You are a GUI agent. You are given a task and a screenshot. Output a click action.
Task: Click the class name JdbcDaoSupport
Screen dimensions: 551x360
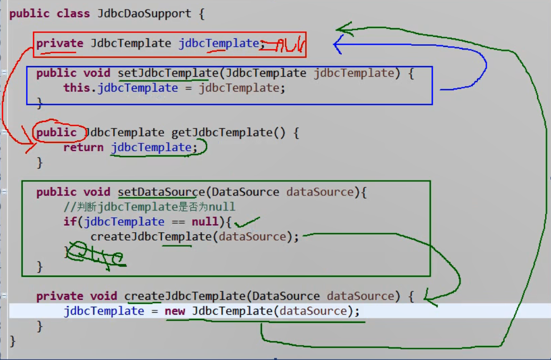144,14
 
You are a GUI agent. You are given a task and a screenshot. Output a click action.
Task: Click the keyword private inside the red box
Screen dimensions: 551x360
60,44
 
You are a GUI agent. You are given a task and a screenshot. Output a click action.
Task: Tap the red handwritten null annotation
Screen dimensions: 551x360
285,45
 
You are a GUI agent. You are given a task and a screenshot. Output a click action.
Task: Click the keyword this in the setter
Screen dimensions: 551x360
77,88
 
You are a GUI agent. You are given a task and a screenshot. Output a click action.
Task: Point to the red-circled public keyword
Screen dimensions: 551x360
56,132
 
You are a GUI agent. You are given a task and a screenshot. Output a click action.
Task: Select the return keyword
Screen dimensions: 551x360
83,148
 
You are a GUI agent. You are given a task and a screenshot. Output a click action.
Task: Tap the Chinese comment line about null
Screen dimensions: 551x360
149,207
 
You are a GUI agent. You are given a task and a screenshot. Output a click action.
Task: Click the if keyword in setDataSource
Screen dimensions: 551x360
69,222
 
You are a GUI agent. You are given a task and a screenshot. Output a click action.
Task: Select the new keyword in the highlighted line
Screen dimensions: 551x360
175,311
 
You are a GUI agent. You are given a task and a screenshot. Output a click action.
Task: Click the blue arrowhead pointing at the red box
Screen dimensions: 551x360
338,45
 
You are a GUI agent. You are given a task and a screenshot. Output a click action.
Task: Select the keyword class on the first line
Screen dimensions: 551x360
73,14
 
